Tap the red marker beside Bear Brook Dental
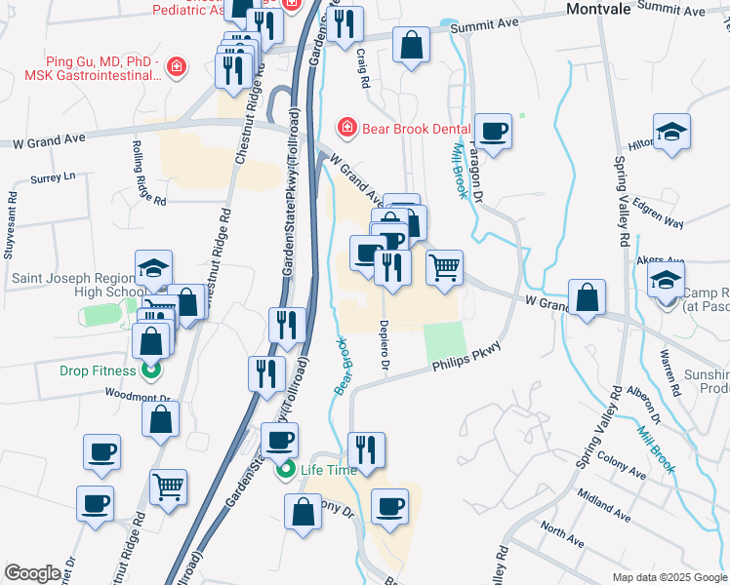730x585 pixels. (345, 128)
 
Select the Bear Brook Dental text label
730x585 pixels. (417, 128)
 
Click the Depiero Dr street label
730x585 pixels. (385, 346)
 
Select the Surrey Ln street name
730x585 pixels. (53, 178)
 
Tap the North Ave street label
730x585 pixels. (565, 532)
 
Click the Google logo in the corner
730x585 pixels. (32, 574)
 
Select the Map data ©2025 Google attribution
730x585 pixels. (669, 577)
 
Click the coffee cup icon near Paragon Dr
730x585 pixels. (493, 131)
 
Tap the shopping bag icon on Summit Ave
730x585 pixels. (412, 45)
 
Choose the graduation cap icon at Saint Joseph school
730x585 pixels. (153, 268)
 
